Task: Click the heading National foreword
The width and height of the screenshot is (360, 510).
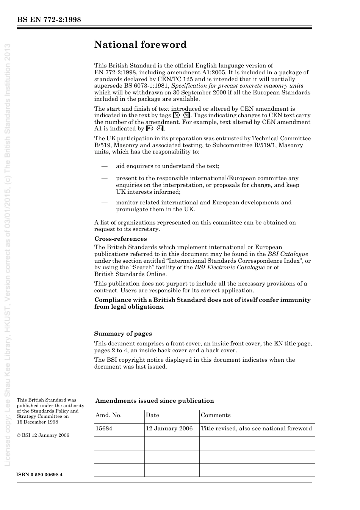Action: [140, 45]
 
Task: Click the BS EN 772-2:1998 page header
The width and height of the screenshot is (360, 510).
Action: [49, 20]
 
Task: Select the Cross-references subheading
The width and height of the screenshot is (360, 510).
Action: [121, 239]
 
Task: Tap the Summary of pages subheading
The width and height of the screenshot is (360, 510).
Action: [123, 334]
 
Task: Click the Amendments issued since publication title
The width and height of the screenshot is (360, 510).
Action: [155, 401]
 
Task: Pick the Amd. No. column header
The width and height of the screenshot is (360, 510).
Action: [108, 415]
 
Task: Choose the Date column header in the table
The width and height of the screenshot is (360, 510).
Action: [152, 415]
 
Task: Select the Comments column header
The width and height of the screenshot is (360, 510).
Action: [216, 415]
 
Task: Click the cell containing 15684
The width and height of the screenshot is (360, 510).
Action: [104, 428]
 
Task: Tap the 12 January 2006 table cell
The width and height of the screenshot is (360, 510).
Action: [169, 428]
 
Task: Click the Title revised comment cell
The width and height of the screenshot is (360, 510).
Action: [256, 428]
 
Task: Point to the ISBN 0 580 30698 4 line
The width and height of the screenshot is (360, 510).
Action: [40, 475]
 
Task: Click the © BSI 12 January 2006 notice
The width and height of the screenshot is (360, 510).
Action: [43, 435]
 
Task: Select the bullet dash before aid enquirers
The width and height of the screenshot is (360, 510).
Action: [104, 166]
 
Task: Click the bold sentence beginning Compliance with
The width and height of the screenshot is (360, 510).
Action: [202, 303]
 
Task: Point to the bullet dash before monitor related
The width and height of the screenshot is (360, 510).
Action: [104, 202]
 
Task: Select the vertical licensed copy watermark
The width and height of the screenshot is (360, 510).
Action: [8, 254]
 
